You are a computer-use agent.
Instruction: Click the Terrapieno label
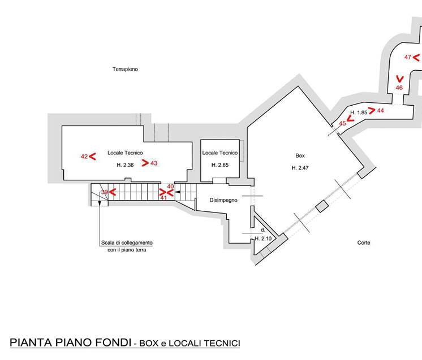click(x=125, y=70)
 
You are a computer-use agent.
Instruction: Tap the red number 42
click(x=84, y=157)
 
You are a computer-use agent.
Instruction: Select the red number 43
click(x=154, y=163)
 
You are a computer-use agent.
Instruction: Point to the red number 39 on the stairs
click(x=105, y=192)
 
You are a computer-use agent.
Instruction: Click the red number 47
click(x=408, y=57)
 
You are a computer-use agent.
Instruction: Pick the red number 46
click(x=399, y=88)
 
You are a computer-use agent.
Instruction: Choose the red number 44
click(x=380, y=111)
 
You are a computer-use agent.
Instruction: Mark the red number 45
click(x=342, y=123)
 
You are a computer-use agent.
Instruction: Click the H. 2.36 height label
click(x=125, y=165)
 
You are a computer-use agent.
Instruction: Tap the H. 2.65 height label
click(x=220, y=165)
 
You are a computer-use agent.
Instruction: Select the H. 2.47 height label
click(x=300, y=168)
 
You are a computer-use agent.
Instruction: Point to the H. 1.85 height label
click(x=359, y=112)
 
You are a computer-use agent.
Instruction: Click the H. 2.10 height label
click(x=263, y=238)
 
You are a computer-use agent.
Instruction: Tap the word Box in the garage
click(x=300, y=155)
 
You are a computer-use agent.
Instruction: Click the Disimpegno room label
click(x=223, y=200)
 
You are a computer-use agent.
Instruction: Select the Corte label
click(x=364, y=242)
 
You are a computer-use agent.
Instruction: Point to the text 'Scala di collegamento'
click(x=127, y=243)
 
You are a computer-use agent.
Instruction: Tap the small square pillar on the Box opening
click(x=322, y=206)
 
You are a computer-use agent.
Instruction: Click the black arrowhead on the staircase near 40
click(x=178, y=192)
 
